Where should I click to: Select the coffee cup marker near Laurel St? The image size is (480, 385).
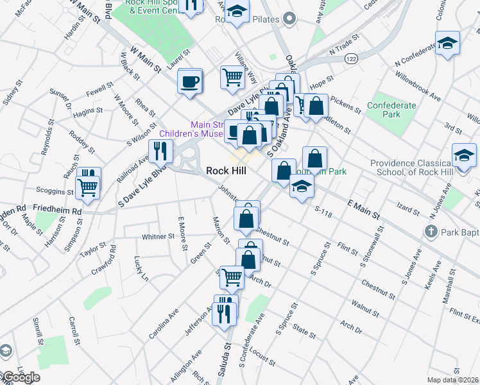[190, 81]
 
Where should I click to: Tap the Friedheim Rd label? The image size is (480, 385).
[57, 210]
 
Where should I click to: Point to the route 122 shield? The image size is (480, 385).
[350, 58]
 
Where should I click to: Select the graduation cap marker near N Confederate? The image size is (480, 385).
[447, 44]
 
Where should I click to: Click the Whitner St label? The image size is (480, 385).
[158, 237]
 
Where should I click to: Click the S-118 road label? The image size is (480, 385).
[326, 209]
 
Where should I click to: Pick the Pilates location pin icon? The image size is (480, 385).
[289, 19]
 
